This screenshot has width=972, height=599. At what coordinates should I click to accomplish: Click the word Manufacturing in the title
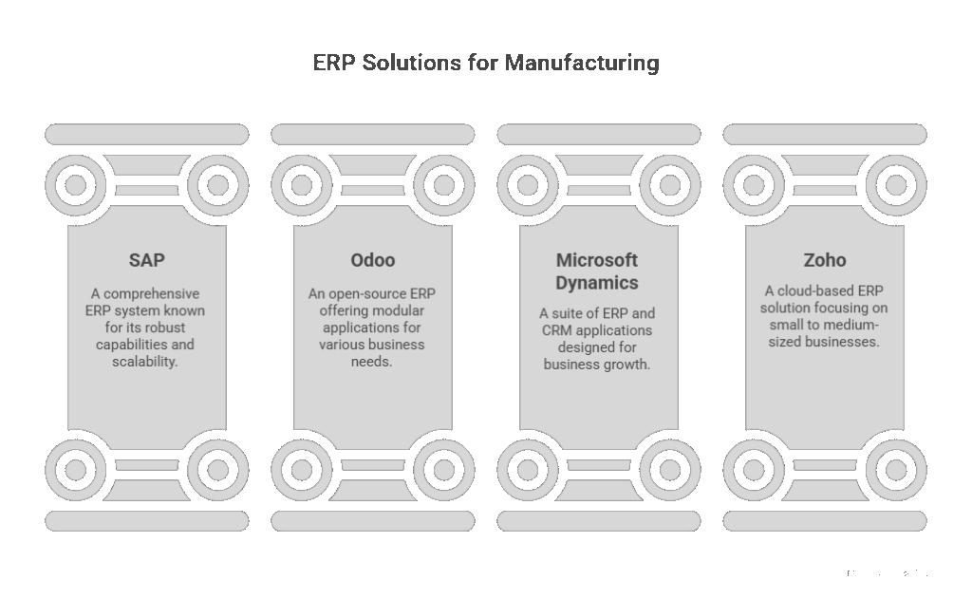582,64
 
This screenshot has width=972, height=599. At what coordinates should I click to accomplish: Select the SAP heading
146,260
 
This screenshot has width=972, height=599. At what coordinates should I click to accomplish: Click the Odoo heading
372,260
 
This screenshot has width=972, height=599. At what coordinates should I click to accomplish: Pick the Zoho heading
824,260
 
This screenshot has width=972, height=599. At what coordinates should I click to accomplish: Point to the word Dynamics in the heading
597,283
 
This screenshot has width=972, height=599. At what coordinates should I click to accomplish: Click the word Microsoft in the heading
597,260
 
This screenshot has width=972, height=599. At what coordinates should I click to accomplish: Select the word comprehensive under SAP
154,293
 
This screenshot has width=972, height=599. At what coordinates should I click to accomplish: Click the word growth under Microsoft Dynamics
626,365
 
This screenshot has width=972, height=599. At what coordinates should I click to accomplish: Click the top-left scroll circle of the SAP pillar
76,184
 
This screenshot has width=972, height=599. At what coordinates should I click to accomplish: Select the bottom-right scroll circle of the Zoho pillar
896,469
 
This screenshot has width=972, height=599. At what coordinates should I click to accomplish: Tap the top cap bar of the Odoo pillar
372,134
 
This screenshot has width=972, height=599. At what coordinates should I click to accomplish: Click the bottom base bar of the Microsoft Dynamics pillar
598,520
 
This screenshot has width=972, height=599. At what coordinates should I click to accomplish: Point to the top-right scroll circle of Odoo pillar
444,184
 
